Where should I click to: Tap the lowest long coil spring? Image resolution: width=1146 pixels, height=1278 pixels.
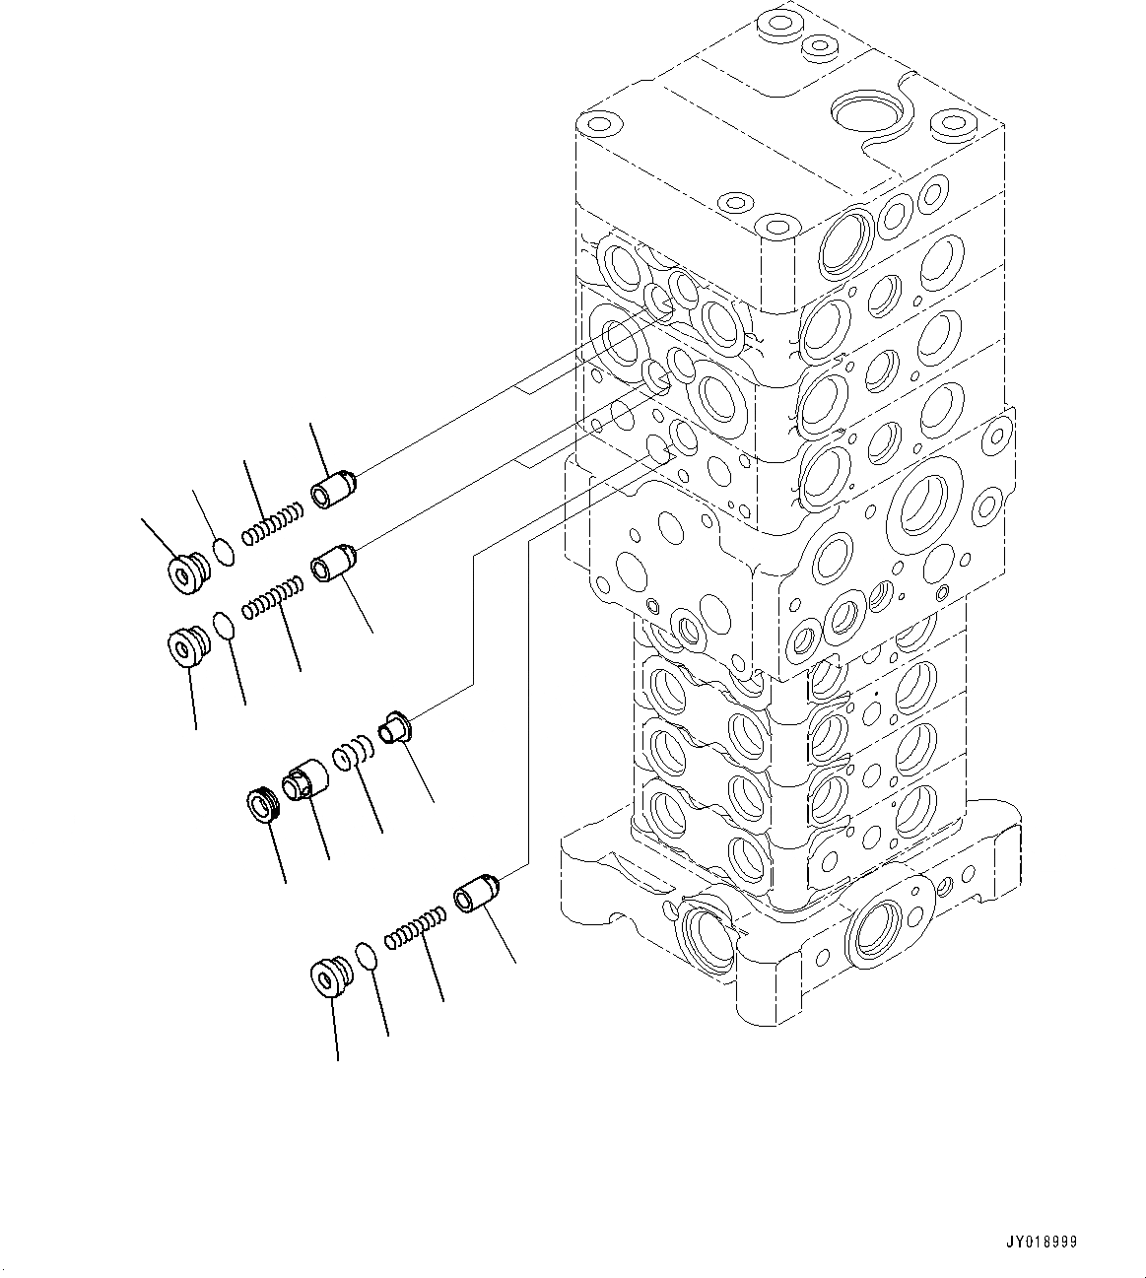point(413,930)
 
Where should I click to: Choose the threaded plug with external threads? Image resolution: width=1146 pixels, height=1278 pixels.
point(264,805)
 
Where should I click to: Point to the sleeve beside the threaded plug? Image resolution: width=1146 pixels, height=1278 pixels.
point(305,779)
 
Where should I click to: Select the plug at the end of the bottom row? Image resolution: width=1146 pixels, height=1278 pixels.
point(328,975)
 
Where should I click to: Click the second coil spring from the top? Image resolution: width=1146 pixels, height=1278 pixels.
point(273,597)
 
